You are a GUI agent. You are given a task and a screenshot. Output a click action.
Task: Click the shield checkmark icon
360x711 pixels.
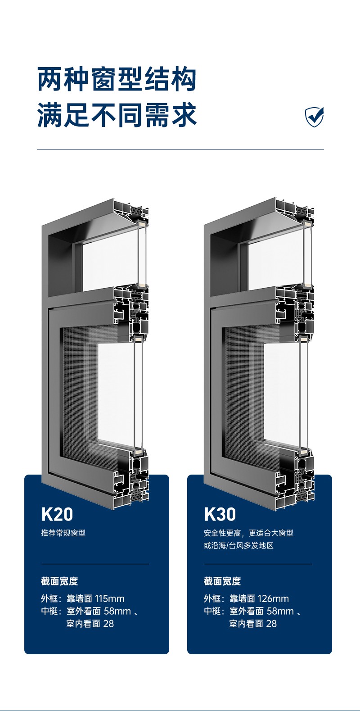(x=315, y=117)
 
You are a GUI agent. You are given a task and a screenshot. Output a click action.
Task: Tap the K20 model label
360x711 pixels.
(x=57, y=515)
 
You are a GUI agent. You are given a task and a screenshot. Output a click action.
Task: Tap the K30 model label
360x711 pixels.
(x=220, y=515)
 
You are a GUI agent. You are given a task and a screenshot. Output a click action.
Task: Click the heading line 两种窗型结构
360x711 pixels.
(x=117, y=79)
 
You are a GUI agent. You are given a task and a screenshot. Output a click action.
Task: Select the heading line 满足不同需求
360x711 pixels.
(x=117, y=114)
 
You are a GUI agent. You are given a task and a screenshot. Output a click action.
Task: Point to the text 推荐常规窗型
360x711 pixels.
(x=63, y=533)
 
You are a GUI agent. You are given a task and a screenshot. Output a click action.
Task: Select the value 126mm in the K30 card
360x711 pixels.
(x=274, y=598)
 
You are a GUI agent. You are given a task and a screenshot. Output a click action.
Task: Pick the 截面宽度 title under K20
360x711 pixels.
(x=59, y=581)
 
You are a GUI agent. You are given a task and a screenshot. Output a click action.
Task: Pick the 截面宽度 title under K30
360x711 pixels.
(x=222, y=581)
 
